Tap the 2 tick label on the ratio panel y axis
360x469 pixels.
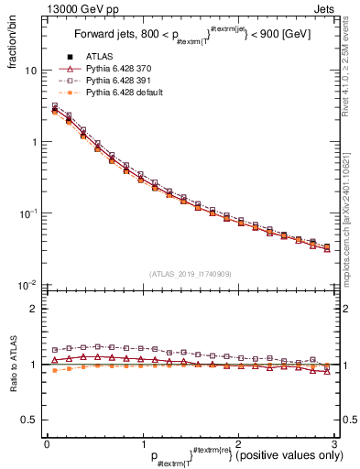pos(34,309)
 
